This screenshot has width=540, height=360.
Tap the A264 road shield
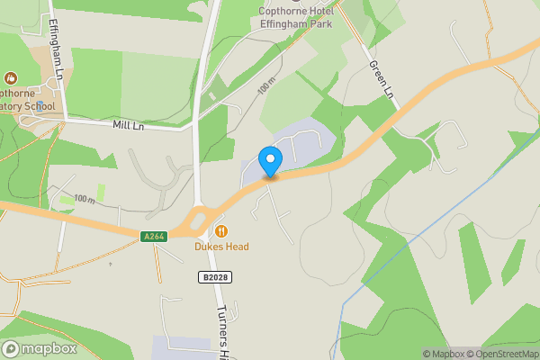(x=154, y=237)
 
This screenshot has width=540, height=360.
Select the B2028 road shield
(x=213, y=277)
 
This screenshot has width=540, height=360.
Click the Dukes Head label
(x=221, y=247)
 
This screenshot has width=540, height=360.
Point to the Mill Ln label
(x=128, y=126)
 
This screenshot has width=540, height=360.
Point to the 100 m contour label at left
(x=85, y=198)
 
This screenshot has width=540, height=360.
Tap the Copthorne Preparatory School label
(x=22, y=99)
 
